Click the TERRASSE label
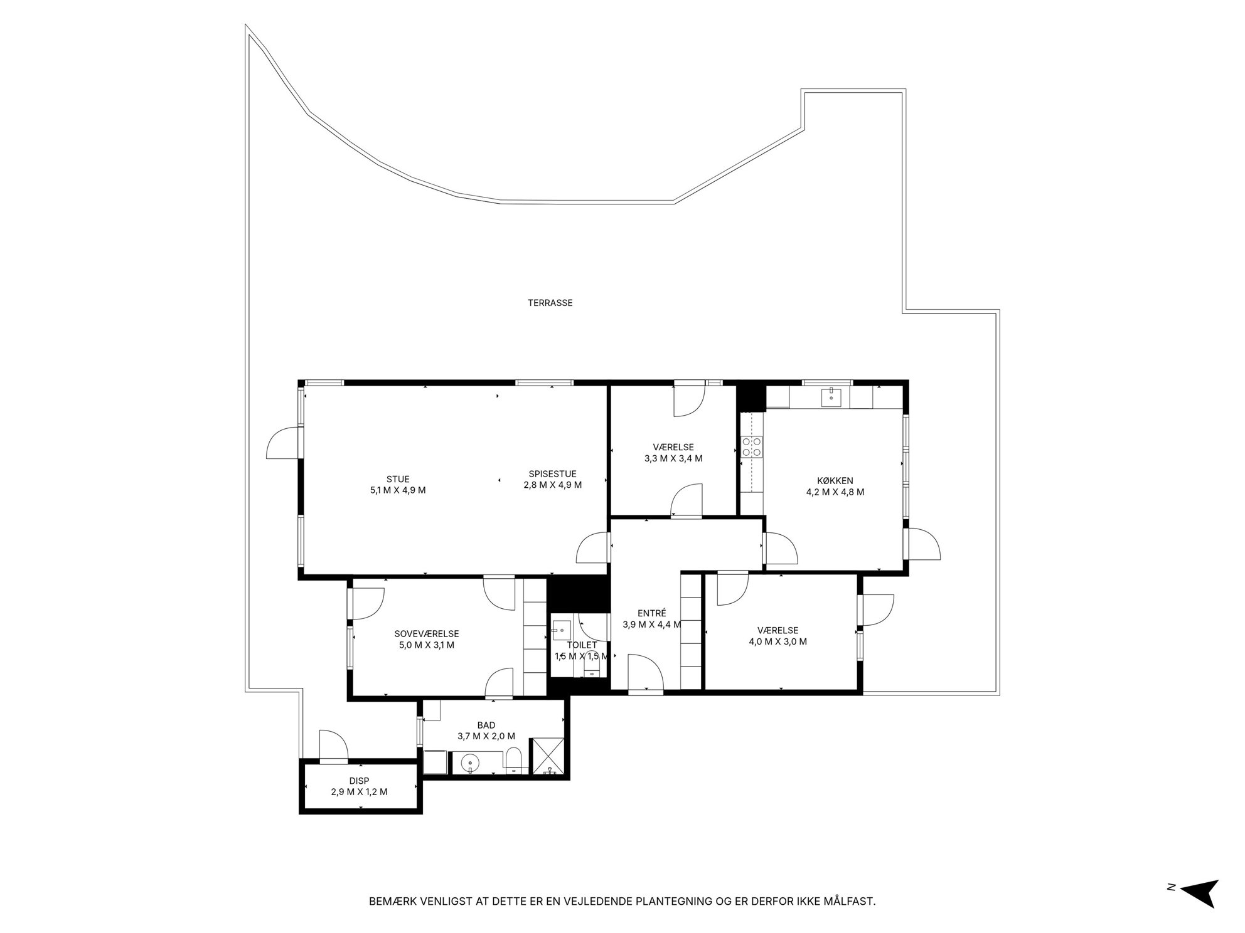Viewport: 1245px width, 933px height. coord(550,303)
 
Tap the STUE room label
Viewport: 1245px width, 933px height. coord(398,480)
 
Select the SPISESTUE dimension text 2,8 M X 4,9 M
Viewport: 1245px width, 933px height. coord(552,485)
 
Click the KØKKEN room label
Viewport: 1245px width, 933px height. coord(835,481)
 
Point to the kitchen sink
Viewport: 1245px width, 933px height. coord(831,396)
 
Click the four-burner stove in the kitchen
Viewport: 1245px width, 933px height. coord(751,446)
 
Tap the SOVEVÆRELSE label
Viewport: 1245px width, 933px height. coord(427,634)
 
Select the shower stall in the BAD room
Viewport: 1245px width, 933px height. coord(548,757)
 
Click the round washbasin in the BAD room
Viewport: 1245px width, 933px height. coord(469,764)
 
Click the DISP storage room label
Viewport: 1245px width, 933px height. coord(360,781)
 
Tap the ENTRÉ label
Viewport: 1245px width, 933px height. coord(651,613)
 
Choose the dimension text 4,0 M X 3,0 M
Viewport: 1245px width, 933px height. coord(777,641)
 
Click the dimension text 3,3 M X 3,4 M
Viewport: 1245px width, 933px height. coord(673,458)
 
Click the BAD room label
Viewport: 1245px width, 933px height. coord(486,725)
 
